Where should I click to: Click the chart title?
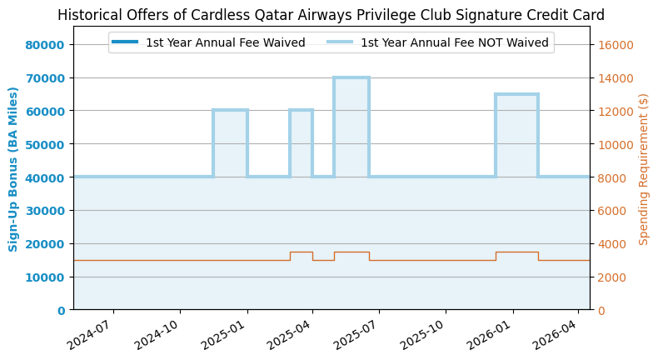click(x=331, y=15)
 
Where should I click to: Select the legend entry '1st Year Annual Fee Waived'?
click(x=225, y=42)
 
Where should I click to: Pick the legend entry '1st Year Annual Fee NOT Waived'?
click(x=454, y=42)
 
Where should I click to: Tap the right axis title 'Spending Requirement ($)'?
click(x=644, y=168)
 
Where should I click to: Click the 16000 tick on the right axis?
click(x=616, y=45)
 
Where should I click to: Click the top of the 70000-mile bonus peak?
click(x=351, y=77)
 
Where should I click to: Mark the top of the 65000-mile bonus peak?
click(x=516, y=94)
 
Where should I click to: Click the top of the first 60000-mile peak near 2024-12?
click(x=230, y=110)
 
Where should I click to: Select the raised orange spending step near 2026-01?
click(x=516, y=252)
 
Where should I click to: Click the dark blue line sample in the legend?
click(x=126, y=42)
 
